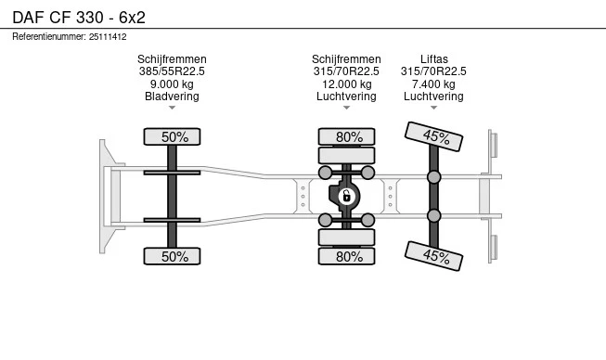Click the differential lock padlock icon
click(346, 196)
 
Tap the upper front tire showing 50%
click(172, 136)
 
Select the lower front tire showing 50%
click(172, 256)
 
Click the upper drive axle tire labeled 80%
click(346, 136)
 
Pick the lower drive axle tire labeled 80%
click(346, 256)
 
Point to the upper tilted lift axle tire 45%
click(433, 136)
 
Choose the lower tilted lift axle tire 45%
click(433, 256)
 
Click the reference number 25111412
click(108, 37)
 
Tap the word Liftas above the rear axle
click(434, 59)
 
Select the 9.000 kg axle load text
click(172, 84)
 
